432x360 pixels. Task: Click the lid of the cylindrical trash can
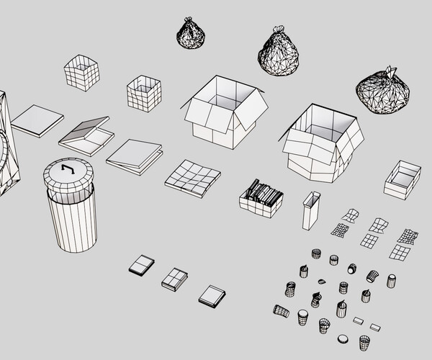[x=69, y=174]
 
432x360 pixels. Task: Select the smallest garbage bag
[x=191, y=35]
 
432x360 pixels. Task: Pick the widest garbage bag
[x=384, y=91]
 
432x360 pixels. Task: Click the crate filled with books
[x=261, y=198]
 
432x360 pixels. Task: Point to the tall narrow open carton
[x=310, y=210]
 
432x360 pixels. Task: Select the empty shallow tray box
[x=402, y=179]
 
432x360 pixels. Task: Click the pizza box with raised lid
[x=86, y=135]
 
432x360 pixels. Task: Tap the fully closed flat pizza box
[x=37, y=120]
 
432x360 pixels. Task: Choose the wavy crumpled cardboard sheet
[x=192, y=176]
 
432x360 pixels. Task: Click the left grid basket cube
[x=81, y=73]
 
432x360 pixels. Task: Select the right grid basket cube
[x=144, y=94]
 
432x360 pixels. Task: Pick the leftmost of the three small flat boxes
[x=142, y=265]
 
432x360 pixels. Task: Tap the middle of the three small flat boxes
[x=174, y=279]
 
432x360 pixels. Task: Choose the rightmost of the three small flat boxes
[x=212, y=295]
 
